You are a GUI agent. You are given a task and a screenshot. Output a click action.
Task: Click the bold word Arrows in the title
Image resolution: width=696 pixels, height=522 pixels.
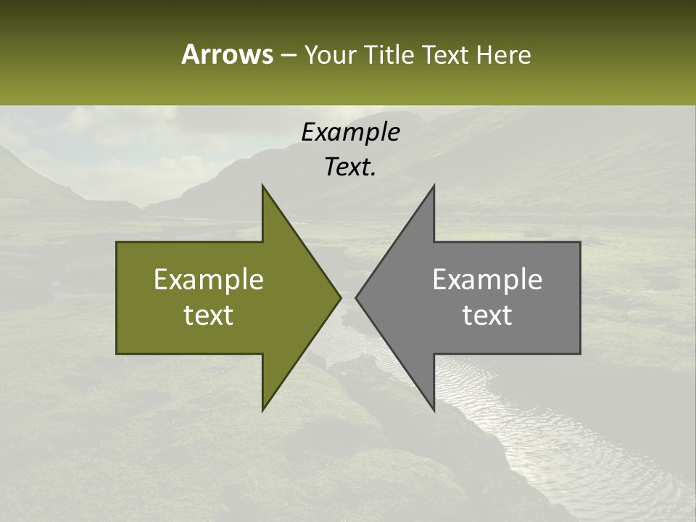(227, 54)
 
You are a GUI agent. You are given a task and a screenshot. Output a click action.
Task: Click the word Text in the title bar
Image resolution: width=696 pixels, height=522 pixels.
(445, 55)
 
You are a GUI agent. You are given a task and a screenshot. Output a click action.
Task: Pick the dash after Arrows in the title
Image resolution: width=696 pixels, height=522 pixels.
(288, 55)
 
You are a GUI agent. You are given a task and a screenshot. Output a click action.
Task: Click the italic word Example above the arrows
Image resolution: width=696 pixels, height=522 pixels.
(350, 132)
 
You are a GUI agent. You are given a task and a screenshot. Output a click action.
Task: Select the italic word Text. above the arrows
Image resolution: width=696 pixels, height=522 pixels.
(350, 167)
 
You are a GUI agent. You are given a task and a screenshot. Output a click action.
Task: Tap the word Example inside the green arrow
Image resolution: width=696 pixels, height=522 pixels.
(209, 280)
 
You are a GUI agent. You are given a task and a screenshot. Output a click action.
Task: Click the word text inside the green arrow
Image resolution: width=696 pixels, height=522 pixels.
(209, 315)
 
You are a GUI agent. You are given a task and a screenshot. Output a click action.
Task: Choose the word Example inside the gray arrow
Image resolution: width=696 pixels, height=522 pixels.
(487, 280)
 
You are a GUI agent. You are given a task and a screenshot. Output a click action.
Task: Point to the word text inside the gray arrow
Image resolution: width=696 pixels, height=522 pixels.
(487, 315)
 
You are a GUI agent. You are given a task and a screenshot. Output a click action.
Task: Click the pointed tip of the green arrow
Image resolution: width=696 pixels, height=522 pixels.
(340, 297)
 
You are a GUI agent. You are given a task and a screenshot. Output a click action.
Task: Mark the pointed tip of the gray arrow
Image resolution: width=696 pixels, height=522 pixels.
(356, 297)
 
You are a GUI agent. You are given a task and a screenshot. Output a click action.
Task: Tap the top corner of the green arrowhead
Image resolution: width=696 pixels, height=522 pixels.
(262, 186)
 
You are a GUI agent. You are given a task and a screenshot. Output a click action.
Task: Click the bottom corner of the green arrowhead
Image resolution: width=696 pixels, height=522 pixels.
(262, 410)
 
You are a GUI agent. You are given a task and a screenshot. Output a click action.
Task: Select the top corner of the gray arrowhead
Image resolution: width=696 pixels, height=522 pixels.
(434, 186)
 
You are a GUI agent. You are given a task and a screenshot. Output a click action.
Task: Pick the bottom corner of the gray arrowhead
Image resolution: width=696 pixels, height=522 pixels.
(434, 410)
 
